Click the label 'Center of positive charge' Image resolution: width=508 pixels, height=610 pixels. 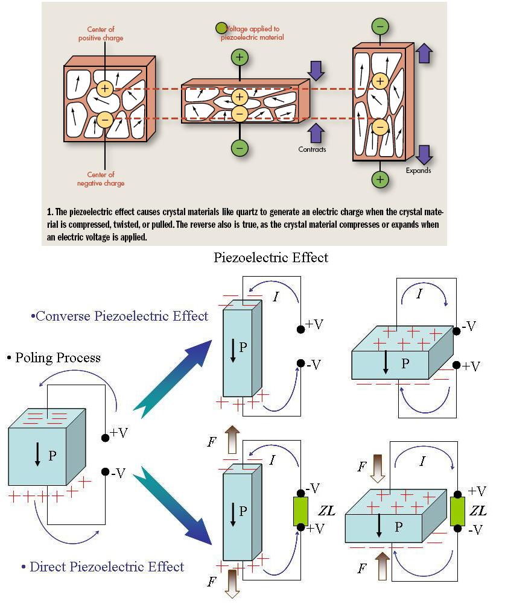101,34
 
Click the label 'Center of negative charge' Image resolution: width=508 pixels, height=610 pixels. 101,179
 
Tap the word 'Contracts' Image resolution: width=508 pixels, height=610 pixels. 312,149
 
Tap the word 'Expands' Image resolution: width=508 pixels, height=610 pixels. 418,171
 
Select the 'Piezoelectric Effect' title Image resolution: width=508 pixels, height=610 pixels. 271,258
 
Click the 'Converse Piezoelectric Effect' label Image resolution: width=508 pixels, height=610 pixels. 119,316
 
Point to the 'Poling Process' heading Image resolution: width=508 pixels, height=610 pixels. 54,357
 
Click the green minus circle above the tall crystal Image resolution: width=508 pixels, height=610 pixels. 380,27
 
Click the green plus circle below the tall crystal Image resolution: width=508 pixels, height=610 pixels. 380,179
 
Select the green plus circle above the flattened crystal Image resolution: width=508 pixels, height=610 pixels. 240,58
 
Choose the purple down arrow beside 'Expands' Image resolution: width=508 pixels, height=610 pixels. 424,154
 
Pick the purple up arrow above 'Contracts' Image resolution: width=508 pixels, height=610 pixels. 316,134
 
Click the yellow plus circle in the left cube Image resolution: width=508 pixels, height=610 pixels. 105,89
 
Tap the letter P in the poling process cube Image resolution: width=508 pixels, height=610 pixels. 52,456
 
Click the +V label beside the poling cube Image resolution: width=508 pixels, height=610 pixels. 118,433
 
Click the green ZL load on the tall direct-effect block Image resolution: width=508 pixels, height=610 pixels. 300,511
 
